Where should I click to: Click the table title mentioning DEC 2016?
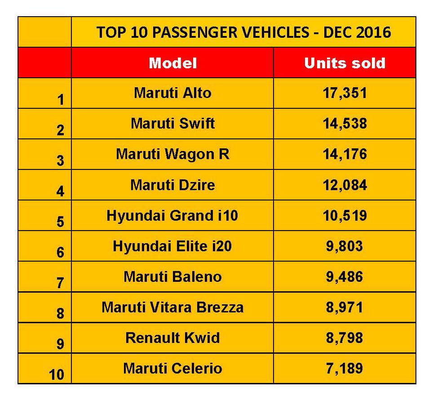pyautogui.click(x=243, y=32)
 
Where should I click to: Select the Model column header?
pyautogui.click(x=172, y=63)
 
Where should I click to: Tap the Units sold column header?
pyautogui.click(x=345, y=63)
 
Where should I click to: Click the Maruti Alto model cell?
pyautogui.click(x=172, y=93)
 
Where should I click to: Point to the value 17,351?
pyautogui.click(x=345, y=93)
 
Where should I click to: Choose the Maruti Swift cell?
pyautogui.click(x=172, y=124)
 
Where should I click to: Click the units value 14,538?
pyautogui.click(x=345, y=124)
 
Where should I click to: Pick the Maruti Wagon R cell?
pyautogui.click(x=172, y=154)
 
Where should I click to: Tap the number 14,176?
pyautogui.click(x=345, y=154)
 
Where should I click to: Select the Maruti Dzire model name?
pyautogui.click(x=172, y=185)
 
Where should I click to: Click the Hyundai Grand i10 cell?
pyautogui.click(x=172, y=216)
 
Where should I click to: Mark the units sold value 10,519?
pyautogui.click(x=345, y=216)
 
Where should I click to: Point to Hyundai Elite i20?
pyautogui.click(x=172, y=246)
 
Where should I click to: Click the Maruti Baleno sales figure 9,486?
pyautogui.click(x=345, y=277)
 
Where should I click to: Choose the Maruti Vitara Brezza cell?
pyautogui.click(x=172, y=307)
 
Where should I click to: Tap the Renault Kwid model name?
pyautogui.click(x=172, y=338)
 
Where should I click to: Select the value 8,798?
pyautogui.click(x=345, y=338)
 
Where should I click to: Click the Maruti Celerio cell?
pyautogui.click(x=172, y=369)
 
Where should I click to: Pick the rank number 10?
pyautogui.click(x=57, y=374)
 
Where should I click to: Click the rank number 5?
pyautogui.click(x=60, y=222)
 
